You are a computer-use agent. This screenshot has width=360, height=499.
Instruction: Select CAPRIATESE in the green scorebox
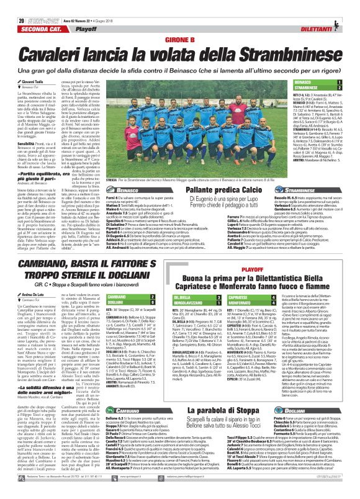249,280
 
